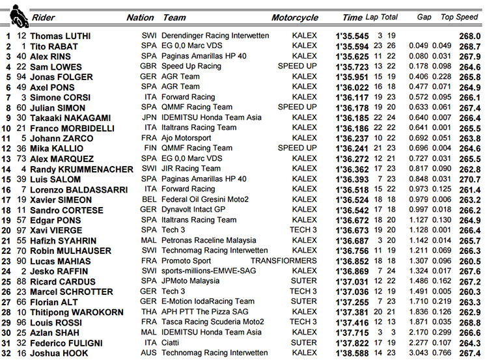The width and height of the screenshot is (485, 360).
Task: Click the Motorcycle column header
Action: pyautogui.click(x=294, y=18)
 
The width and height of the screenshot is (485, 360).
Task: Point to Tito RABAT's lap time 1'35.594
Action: pyautogui.click(x=352, y=46)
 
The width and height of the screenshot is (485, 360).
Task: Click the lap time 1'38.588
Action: pyautogui.click(x=352, y=353)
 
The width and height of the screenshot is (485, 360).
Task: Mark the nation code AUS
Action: pyautogui.click(x=148, y=353)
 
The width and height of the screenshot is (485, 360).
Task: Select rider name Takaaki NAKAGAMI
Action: pyautogui.click(x=66, y=118)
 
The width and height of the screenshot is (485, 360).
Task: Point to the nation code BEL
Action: pyautogui.click(x=148, y=200)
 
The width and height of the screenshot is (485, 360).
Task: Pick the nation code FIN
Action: pyautogui.click(x=148, y=148)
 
